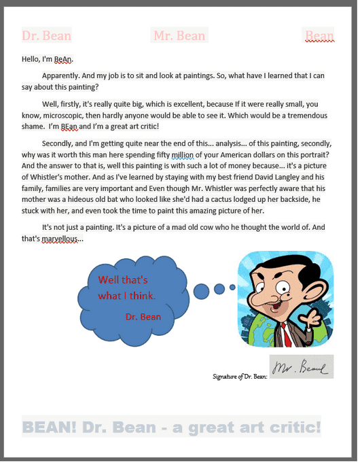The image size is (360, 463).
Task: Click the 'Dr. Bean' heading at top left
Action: (x=46, y=35)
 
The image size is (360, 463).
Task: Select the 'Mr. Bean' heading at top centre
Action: (x=179, y=35)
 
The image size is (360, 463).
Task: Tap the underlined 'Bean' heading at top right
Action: (x=319, y=35)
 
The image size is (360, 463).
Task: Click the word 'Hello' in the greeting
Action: (x=31, y=59)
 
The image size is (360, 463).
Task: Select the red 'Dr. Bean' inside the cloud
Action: (x=143, y=316)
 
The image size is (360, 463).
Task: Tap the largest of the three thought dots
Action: (x=202, y=291)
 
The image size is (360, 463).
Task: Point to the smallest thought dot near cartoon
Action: (x=232, y=288)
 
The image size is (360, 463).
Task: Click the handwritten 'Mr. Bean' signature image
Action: (x=301, y=367)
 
